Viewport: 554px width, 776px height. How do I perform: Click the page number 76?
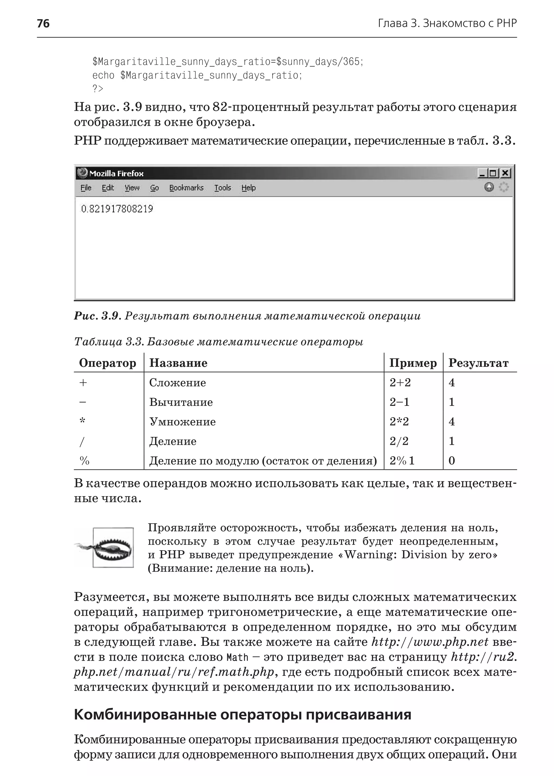tap(43, 24)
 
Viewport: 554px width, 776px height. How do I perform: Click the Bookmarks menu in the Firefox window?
tap(186, 188)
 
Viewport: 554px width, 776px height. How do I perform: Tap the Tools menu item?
tap(222, 188)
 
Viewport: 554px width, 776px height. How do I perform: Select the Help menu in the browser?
tap(248, 188)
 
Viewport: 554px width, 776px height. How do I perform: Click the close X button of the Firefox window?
tap(505, 173)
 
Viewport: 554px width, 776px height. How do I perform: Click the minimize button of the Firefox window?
tap(482, 173)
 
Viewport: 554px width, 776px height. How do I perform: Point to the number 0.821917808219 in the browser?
tap(117, 209)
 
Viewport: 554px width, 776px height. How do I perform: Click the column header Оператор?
tap(107, 363)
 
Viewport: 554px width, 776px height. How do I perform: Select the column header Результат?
tap(478, 363)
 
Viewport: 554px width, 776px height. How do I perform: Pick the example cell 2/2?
tap(399, 441)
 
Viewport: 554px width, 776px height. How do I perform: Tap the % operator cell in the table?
tap(84, 461)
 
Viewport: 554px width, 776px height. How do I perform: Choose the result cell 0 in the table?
tap(452, 461)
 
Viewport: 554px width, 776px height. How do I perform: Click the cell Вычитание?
tap(181, 402)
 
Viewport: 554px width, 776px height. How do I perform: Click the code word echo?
tap(103, 75)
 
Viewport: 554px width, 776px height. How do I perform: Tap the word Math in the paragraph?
tap(238, 657)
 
